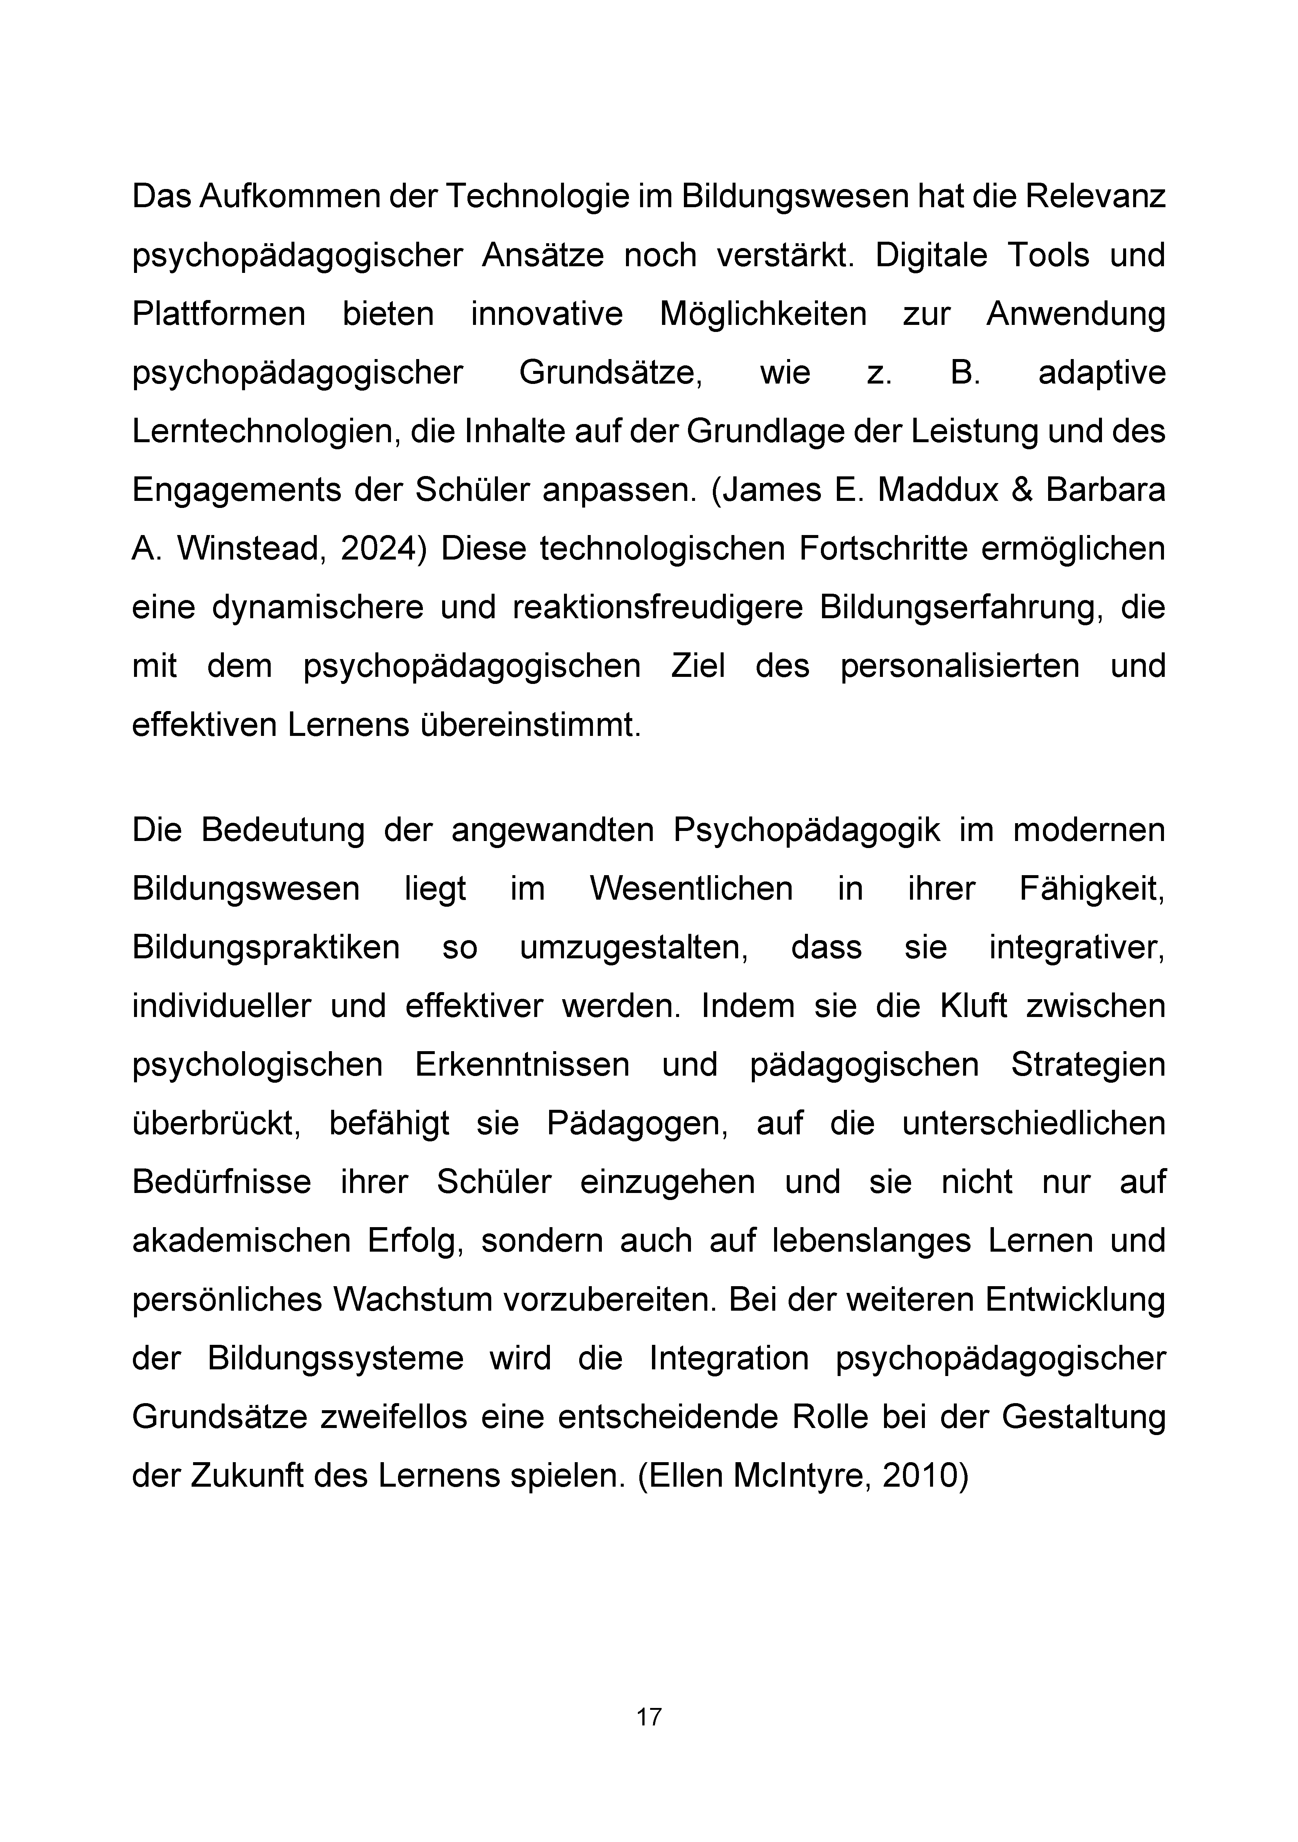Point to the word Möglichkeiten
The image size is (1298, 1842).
[x=763, y=314]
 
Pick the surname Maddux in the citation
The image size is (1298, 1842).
[x=938, y=490]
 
